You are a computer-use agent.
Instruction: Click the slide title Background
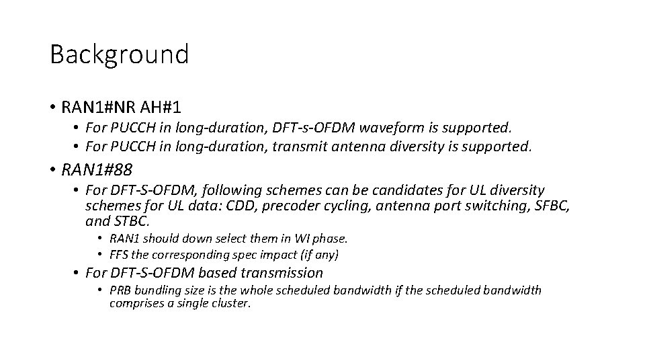pyautogui.click(x=119, y=54)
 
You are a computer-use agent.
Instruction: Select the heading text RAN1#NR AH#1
pyautogui.click(x=121, y=107)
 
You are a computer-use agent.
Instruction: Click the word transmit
pyautogui.click(x=296, y=145)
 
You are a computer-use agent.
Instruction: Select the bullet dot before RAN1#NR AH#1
pyautogui.click(x=52, y=108)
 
